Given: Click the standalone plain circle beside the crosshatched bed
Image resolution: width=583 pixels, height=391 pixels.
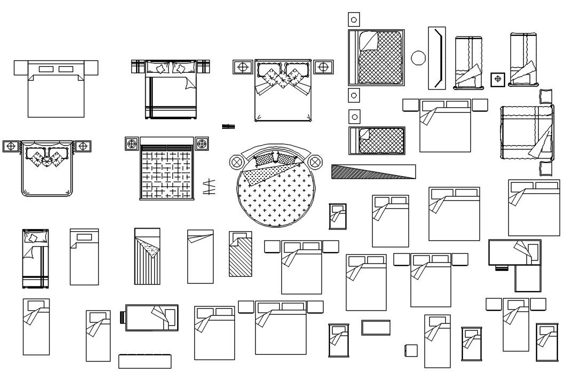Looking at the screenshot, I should (419, 58).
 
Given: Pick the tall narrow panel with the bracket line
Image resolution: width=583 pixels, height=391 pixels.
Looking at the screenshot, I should (437, 58).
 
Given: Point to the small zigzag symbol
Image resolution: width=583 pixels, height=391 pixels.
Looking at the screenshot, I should (209, 187).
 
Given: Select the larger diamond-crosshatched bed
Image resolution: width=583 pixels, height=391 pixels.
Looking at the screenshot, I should (376, 58).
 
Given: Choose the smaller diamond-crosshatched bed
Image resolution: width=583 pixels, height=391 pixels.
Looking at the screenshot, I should (377, 140).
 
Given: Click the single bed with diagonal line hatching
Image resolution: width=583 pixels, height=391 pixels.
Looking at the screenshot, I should (241, 255).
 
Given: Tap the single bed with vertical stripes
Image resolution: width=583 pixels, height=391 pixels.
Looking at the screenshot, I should (147, 256).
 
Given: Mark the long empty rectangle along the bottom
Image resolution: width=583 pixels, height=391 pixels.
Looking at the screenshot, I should (145, 362).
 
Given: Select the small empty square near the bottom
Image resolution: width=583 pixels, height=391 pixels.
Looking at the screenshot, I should (411, 350).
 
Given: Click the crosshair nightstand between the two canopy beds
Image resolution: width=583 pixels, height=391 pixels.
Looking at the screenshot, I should (498, 79).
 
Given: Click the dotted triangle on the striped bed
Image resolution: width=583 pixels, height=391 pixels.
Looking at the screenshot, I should (149, 249).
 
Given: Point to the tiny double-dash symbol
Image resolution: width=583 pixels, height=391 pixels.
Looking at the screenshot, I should (229, 127).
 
